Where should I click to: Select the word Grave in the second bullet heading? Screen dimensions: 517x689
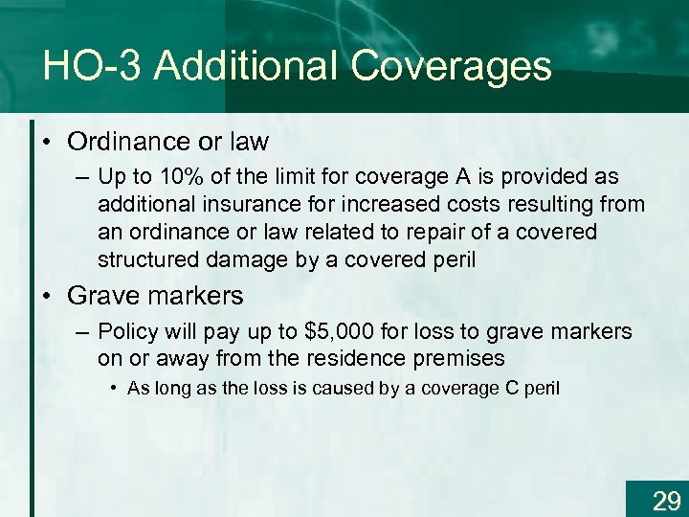click(x=101, y=296)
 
